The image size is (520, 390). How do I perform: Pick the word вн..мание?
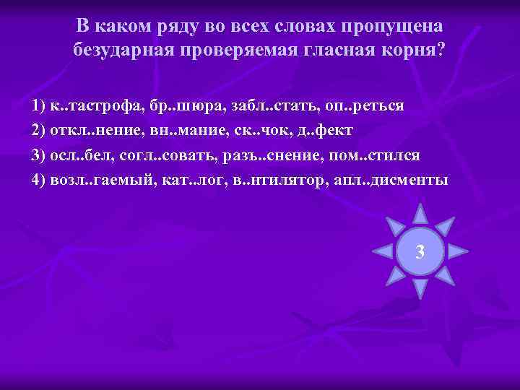pos(183,131)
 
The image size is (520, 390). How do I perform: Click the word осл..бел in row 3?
pos(79,155)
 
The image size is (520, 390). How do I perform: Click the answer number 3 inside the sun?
pos(420,252)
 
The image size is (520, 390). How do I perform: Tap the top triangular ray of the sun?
pos(420,214)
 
